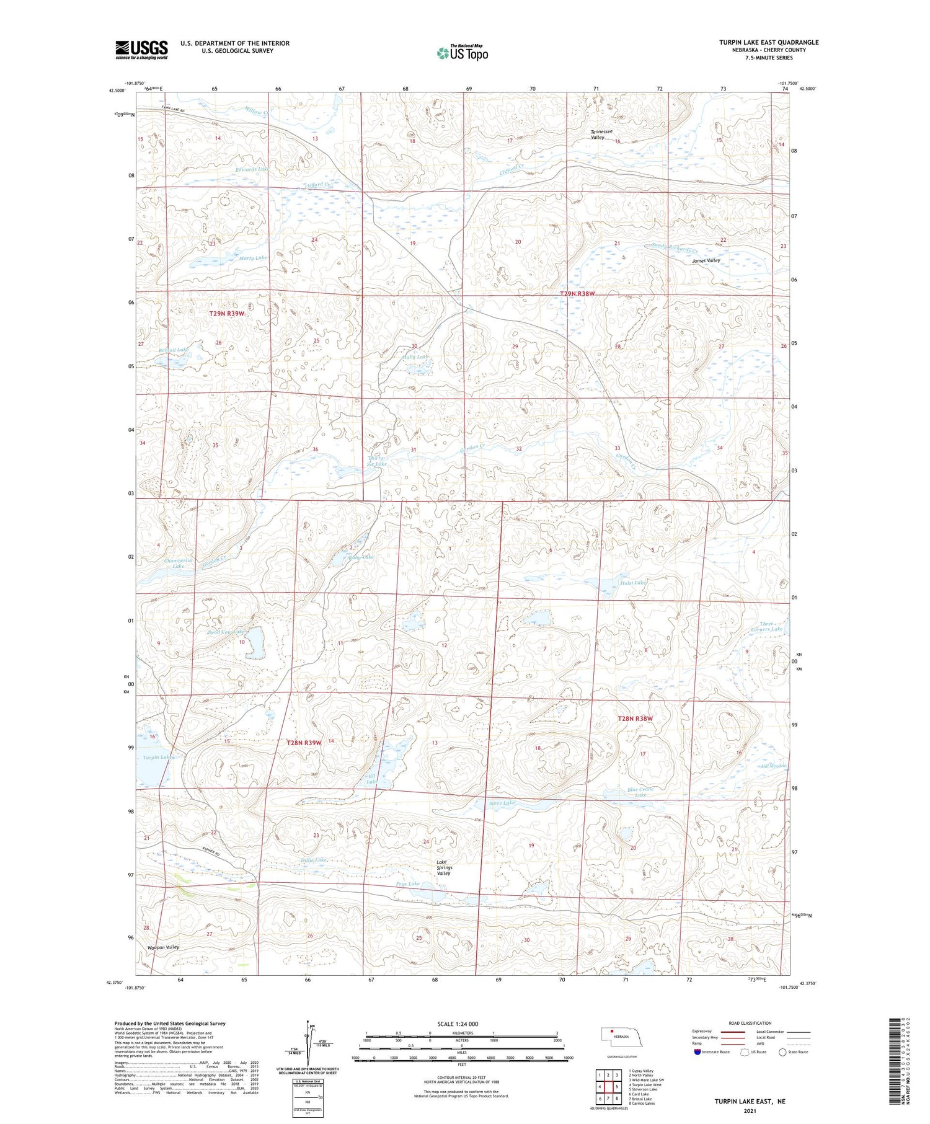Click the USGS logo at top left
(141, 50)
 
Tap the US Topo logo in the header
(462, 53)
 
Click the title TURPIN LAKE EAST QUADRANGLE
(768, 42)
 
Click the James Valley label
(706, 261)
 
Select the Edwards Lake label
(252, 169)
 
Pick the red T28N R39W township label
(304, 742)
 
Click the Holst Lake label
(632, 583)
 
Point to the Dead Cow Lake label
(228, 632)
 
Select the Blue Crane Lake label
(640, 792)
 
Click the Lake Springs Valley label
(444, 867)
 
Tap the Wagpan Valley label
(163, 947)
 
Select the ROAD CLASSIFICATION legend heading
(750, 1023)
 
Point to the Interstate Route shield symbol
(697, 1052)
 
